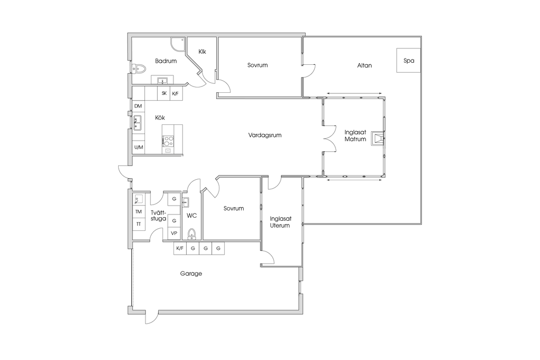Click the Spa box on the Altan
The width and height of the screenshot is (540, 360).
click(409, 60)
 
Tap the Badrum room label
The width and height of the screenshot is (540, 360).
click(166, 61)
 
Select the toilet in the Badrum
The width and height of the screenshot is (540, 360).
click(139, 69)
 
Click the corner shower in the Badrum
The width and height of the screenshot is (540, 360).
click(178, 43)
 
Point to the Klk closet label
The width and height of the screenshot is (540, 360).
click(202, 52)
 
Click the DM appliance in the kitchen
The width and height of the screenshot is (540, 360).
click(138, 106)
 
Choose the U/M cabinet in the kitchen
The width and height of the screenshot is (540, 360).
click(139, 147)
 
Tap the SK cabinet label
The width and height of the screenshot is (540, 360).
click(165, 93)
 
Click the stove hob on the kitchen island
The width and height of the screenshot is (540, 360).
click(168, 140)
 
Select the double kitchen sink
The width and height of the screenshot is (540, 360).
click(138, 123)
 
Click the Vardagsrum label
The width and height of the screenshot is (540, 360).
click(265, 135)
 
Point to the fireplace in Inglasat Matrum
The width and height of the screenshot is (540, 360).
click(377, 138)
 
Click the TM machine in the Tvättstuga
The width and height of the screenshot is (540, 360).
click(139, 212)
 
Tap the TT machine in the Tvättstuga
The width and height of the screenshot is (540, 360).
click(139, 224)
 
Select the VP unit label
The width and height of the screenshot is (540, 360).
click(174, 233)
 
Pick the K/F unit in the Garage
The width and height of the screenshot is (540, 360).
click(180, 248)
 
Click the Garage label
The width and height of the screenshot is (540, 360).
click(191, 274)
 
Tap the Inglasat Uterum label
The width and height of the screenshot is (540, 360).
click(280, 222)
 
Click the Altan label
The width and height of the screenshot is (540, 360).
click(364, 65)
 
